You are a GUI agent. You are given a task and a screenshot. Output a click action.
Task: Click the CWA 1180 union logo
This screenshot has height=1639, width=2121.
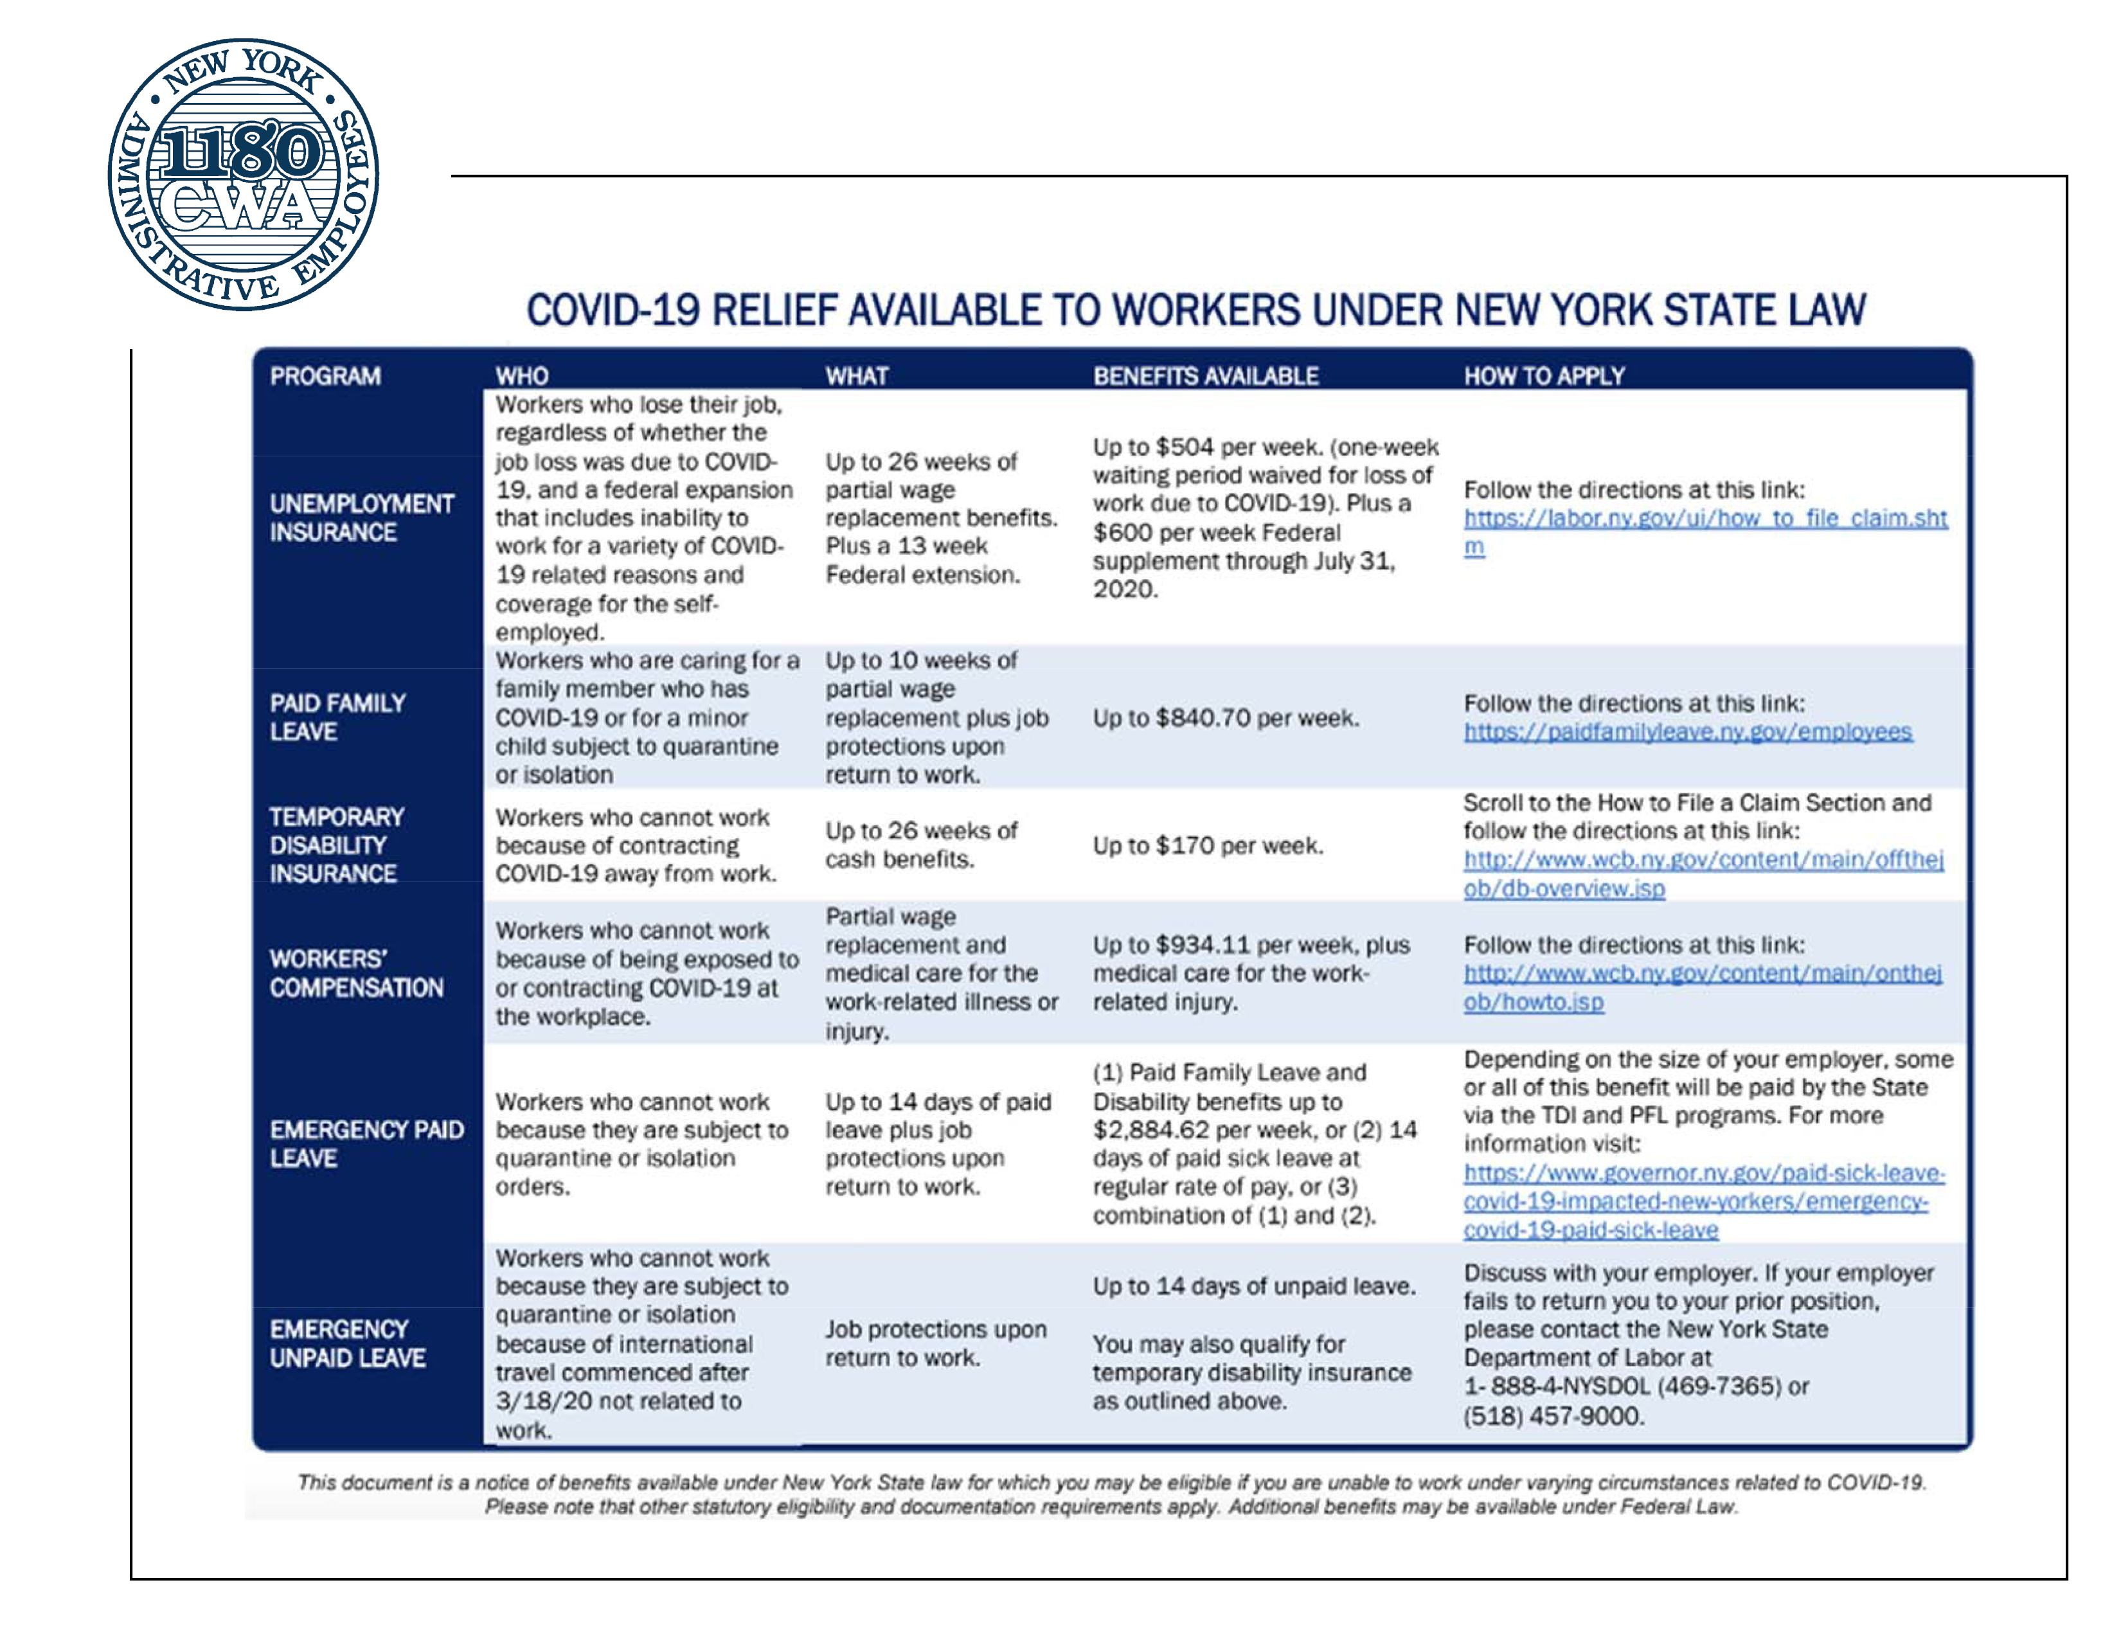point(243,175)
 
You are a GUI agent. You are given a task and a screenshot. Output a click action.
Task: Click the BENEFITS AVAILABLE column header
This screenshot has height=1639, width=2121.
point(1205,376)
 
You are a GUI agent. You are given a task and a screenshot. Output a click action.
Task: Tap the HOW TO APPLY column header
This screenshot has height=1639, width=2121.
point(1543,376)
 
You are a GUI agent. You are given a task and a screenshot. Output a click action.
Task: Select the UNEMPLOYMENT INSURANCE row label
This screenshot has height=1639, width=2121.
point(361,517)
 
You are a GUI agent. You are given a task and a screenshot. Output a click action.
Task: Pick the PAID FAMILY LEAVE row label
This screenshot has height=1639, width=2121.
point(337,717)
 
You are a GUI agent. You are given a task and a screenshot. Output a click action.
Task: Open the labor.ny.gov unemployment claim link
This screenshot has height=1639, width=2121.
point(1705,519)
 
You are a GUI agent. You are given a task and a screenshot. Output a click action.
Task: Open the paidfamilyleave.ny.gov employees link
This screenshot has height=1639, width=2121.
point(1687,731)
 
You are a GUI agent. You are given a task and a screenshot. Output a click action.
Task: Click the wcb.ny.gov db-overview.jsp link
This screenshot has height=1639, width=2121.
point(1703,874)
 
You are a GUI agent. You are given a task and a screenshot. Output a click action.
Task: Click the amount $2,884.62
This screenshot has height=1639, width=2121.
point(1151,1130)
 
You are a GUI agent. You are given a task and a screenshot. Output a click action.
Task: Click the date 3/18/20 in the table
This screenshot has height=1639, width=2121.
point(544,1401)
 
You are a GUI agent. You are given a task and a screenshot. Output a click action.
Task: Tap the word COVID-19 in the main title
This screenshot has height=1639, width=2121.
point(613,310)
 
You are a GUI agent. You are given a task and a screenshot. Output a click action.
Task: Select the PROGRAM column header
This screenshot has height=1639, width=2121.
point(325,376)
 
